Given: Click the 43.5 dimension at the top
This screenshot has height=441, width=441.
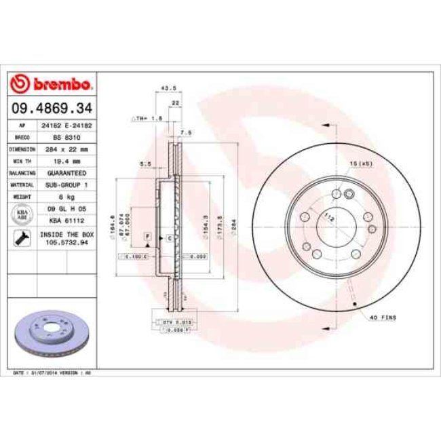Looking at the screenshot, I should click(163, 88).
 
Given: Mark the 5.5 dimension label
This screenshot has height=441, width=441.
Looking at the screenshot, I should click(144, 164).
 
